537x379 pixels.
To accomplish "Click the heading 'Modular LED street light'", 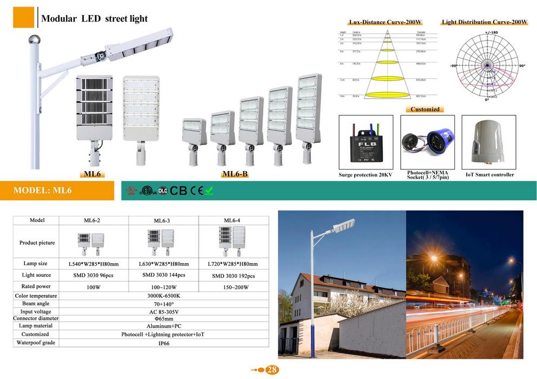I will tap(95, 18).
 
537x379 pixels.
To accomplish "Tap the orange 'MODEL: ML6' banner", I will tap(43, 191).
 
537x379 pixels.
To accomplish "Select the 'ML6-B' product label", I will tap(235, 174).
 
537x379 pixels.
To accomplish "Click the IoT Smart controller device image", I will tap(489, 142).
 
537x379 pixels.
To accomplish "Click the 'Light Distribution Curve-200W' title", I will tap(485, 23).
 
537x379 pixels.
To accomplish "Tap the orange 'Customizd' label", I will tap(427, 109).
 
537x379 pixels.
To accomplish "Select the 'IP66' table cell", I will tap(163, 343).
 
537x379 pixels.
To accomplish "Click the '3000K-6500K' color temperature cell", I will tap(163, 296).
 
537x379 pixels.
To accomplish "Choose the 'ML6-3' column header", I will tap(163, 220).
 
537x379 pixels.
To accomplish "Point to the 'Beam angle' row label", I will tap(36, 304).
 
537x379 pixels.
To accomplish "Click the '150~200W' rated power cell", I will tap(233, 287).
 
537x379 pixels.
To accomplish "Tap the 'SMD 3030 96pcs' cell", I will tap(93, 276).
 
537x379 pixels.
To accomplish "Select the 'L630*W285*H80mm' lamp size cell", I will tap(163, 264).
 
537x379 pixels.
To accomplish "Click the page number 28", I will tap(272, 370).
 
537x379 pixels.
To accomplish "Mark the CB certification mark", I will tap(178, 191).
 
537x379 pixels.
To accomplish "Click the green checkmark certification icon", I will tap(209, 190).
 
